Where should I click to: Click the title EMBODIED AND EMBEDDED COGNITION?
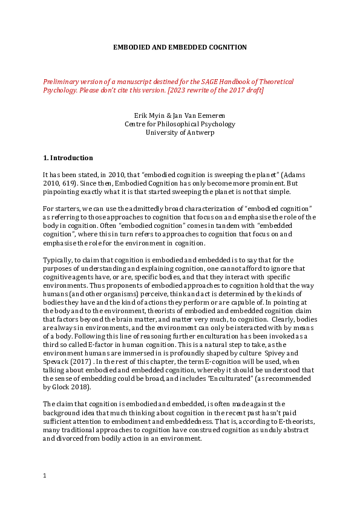tap(180, 47)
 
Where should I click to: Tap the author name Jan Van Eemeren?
tap(199, 115)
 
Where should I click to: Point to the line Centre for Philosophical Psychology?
tap(180, 124)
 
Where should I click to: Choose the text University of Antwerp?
tap(180, 133)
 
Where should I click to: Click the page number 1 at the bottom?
tap(45, 476)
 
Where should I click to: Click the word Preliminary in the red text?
tap(61, 82)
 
